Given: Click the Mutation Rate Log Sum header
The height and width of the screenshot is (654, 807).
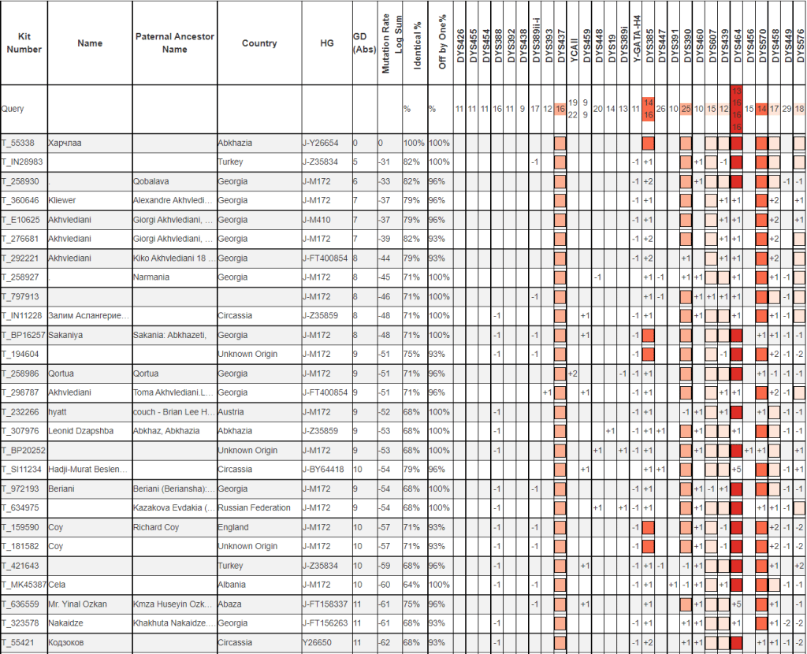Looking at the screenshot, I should pos(392,43).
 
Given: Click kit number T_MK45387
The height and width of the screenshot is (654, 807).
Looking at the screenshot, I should pos(23,585).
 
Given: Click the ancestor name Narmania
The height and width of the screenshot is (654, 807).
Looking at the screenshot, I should pos(154,277).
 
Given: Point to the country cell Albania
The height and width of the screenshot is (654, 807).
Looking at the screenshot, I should pos(233,585).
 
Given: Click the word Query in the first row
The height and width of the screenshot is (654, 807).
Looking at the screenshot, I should pos(13,109).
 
